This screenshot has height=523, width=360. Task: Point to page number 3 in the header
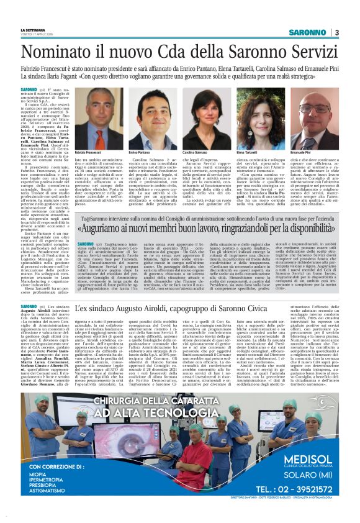336,32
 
